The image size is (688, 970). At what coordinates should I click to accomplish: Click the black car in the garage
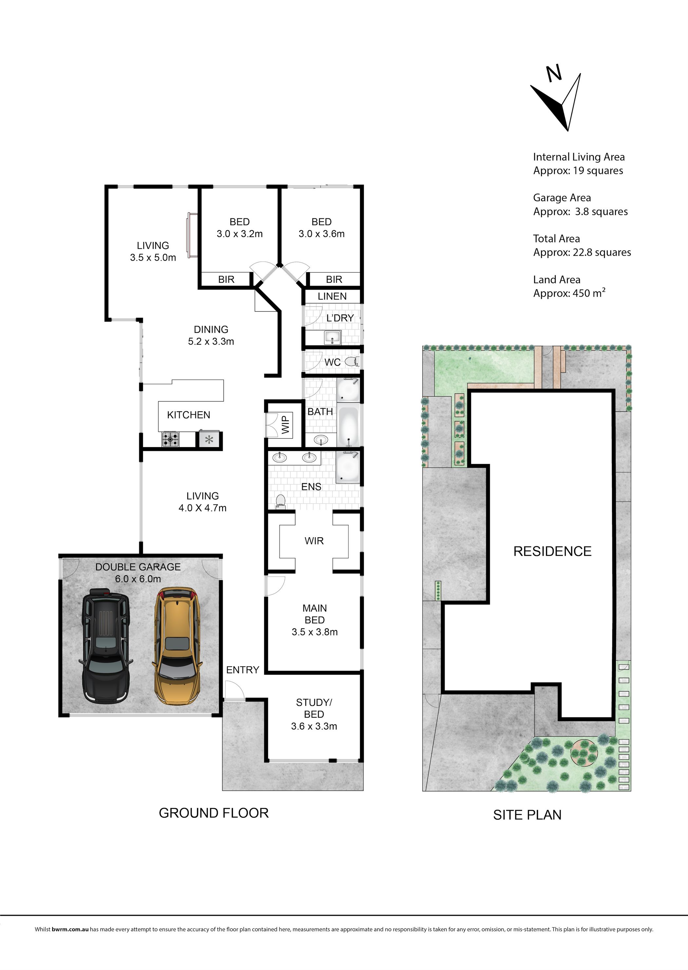(x=105, y=646)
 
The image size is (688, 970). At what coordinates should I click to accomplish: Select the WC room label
(x=333, y=362)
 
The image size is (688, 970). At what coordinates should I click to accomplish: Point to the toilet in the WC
(x=352, y=362)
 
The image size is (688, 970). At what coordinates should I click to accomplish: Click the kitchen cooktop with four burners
(x=170, y=439)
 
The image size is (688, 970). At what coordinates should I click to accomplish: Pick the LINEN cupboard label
(x=332, y=296)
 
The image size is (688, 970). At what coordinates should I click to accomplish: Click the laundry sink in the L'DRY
(x=333, y=337)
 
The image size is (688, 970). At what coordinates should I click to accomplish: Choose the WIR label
(x=314, y=541)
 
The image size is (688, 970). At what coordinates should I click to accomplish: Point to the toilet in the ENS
(x=280, y=502)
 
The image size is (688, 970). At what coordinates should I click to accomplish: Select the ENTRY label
(x=243, y=669)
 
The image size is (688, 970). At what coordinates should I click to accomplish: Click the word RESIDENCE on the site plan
(x=552, y=551)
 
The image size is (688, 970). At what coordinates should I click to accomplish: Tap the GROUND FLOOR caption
(x=214, y=813)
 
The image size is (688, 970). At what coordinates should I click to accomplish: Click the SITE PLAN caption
(x=527, y=815)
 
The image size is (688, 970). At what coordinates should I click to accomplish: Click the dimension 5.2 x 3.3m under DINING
(x=211, y=341)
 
